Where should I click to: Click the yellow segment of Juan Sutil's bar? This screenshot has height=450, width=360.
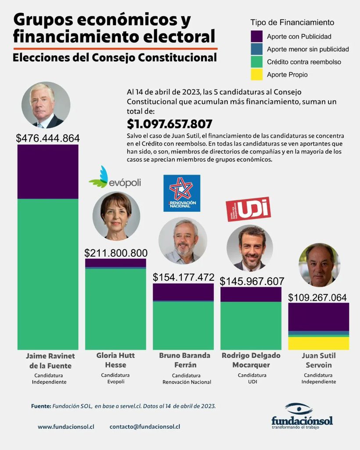(318, 343)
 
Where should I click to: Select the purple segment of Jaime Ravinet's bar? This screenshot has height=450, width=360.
(48, 172)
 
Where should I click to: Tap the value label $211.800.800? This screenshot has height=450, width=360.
(116, 253)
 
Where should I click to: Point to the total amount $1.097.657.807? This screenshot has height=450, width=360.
(169, 124)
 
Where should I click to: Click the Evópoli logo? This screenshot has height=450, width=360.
(115, 178)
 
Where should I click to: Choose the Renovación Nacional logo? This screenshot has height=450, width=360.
(182, 193)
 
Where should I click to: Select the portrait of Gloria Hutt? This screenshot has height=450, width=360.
(116, 216)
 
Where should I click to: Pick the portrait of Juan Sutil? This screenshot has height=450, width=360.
(319, 265)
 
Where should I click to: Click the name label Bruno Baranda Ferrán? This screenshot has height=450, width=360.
(184, 359)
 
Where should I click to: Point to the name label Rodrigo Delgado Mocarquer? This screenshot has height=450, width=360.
(251, 359)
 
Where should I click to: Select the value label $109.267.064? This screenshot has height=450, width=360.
(317, 297)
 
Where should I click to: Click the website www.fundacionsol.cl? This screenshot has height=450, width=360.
(66, 427)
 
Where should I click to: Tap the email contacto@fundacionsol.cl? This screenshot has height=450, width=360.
(145, 427)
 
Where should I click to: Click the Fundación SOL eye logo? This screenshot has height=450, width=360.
(299, 408)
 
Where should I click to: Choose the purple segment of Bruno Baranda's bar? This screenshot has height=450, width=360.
(183, 292)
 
